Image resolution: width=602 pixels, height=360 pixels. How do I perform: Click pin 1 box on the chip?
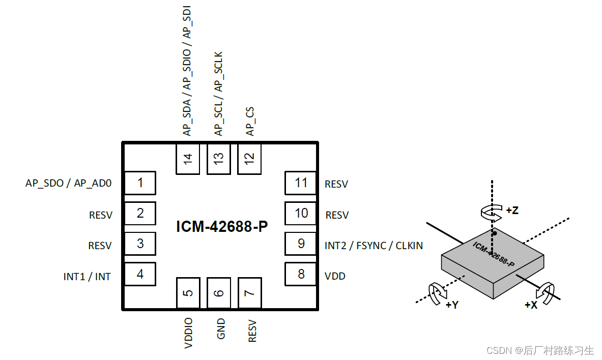(x=140, y=183)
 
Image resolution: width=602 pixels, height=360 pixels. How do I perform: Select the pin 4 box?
(x=140, y=275)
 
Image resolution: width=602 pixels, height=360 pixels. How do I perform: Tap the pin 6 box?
(x=219, y=293)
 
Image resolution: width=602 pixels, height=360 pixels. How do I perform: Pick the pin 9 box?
(x=301, y=244)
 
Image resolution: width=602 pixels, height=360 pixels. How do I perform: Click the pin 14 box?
(x=188, y=159)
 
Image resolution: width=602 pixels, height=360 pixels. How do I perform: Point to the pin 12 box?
(x=249, y=159)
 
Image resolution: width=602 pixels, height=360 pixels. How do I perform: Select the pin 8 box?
(x=301, y=275)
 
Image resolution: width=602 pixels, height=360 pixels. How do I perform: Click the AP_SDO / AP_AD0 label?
(x=68, y=184)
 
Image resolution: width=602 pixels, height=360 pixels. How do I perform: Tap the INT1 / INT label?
(x=87, y=277)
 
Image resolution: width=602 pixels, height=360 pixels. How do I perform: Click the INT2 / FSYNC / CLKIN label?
(x=374, y=246)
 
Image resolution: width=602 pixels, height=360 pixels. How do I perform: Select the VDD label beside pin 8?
(x=335, y=277)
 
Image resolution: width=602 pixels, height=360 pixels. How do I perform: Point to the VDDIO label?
(x=189, y=334)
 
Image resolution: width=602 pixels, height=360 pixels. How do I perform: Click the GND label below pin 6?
(x=220, y=329)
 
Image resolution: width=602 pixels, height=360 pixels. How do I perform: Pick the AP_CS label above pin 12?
(x=250, y=122)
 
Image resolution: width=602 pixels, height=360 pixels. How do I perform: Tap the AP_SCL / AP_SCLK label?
(x=219, y=94)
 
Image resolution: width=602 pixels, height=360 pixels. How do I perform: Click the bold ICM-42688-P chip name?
(x=221, y=227)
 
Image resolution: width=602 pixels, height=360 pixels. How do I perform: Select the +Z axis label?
(x=512, y=211)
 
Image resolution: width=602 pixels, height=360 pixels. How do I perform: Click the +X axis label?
(x=531, y=305)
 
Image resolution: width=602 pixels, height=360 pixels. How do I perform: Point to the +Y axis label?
(x=452, y=305)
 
